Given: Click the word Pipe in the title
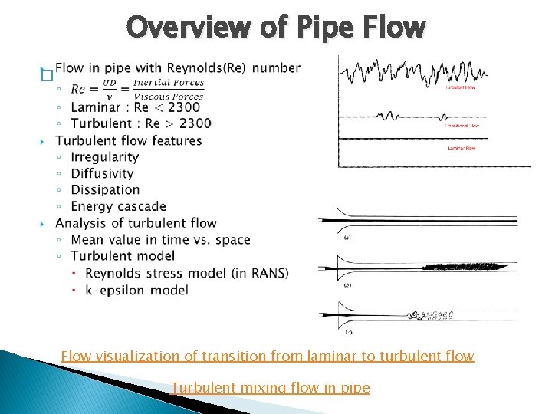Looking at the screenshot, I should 321,28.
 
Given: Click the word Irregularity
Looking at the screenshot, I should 104,156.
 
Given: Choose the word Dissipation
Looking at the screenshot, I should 105,189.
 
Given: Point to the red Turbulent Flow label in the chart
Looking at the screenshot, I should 463,87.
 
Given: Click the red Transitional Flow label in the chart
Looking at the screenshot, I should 464,125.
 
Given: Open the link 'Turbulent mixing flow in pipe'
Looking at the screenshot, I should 270,388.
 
